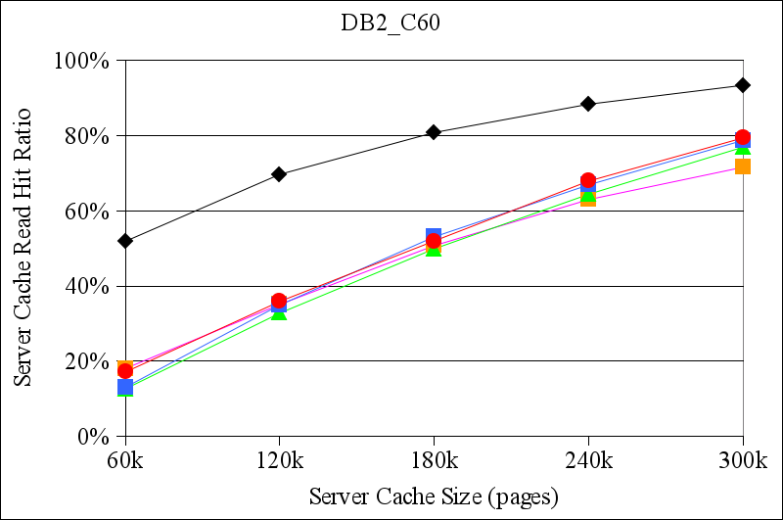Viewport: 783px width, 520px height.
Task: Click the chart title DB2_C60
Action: (x=384, y=24)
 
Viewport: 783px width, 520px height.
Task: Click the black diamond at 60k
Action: (x=124, y=241)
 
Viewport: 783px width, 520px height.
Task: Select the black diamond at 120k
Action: (x=279, y=174)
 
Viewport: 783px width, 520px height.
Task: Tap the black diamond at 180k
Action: (x=434, y=132)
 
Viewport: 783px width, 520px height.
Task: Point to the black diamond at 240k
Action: (x=588, y=104)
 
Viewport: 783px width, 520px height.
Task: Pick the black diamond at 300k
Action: (x=743, y=85)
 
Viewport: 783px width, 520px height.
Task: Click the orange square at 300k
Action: (x=743, y=166)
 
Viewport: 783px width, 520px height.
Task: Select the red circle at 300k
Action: (x=743, y=137)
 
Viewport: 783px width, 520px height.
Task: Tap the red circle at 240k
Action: (x=588, y=180)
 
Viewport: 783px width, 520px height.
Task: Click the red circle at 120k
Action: (x=279, y=301)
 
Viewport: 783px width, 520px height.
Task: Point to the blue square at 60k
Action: (x=124, y=388)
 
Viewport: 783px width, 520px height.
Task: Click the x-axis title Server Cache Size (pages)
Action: (x=434, y=496)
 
